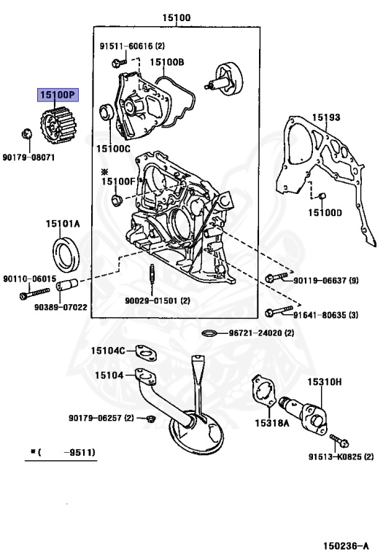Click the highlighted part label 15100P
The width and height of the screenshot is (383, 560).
58,96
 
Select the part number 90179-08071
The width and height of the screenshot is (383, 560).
29,156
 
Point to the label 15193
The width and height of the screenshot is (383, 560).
326,117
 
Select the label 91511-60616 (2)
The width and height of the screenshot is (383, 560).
132,46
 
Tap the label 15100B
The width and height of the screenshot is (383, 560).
167,62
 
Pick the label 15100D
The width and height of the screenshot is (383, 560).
324,212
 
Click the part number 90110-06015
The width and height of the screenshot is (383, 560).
29,279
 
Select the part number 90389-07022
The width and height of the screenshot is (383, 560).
62,307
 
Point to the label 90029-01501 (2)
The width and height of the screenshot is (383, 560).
156,300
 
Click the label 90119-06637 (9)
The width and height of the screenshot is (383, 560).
327,280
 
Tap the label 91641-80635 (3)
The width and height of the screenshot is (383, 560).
327,316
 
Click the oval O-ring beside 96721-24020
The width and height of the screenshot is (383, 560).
209,333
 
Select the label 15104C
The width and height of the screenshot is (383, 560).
107,351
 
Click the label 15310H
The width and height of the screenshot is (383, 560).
325,381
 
